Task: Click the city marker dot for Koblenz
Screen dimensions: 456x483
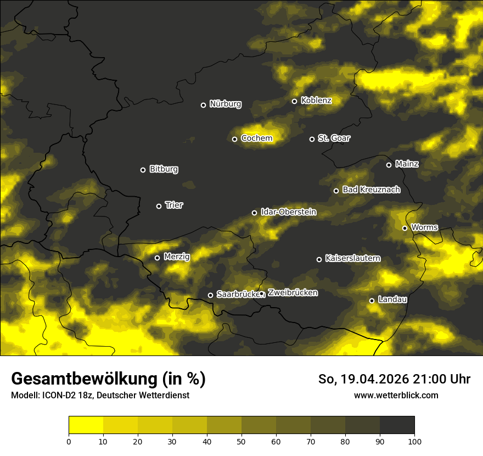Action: point(295,101)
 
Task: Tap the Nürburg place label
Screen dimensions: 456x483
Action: point(226,104)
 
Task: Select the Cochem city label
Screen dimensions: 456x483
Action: point(257,138)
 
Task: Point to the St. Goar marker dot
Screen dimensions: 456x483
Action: point(312,139)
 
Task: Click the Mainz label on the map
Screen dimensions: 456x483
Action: point(407,164)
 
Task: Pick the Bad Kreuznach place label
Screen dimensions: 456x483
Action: point(371,190)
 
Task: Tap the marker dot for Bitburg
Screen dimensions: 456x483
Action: point(143,170)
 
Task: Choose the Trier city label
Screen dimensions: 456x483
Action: point(174,205)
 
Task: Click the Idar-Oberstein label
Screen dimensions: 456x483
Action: point(289,212)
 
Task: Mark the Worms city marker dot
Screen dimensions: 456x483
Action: point(405,228)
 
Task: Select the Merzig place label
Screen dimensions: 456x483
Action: point(177,257)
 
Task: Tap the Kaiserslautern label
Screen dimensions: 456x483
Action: point(352,259)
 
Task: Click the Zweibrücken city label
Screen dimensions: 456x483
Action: point(293,293)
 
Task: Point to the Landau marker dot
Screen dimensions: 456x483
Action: point(372,301)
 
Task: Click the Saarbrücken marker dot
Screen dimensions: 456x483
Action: point(210,295)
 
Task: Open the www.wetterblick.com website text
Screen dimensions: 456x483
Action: point(396,395)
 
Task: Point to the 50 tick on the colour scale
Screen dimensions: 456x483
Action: point(241,441)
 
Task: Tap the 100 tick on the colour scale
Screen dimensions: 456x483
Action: point(414,441)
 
